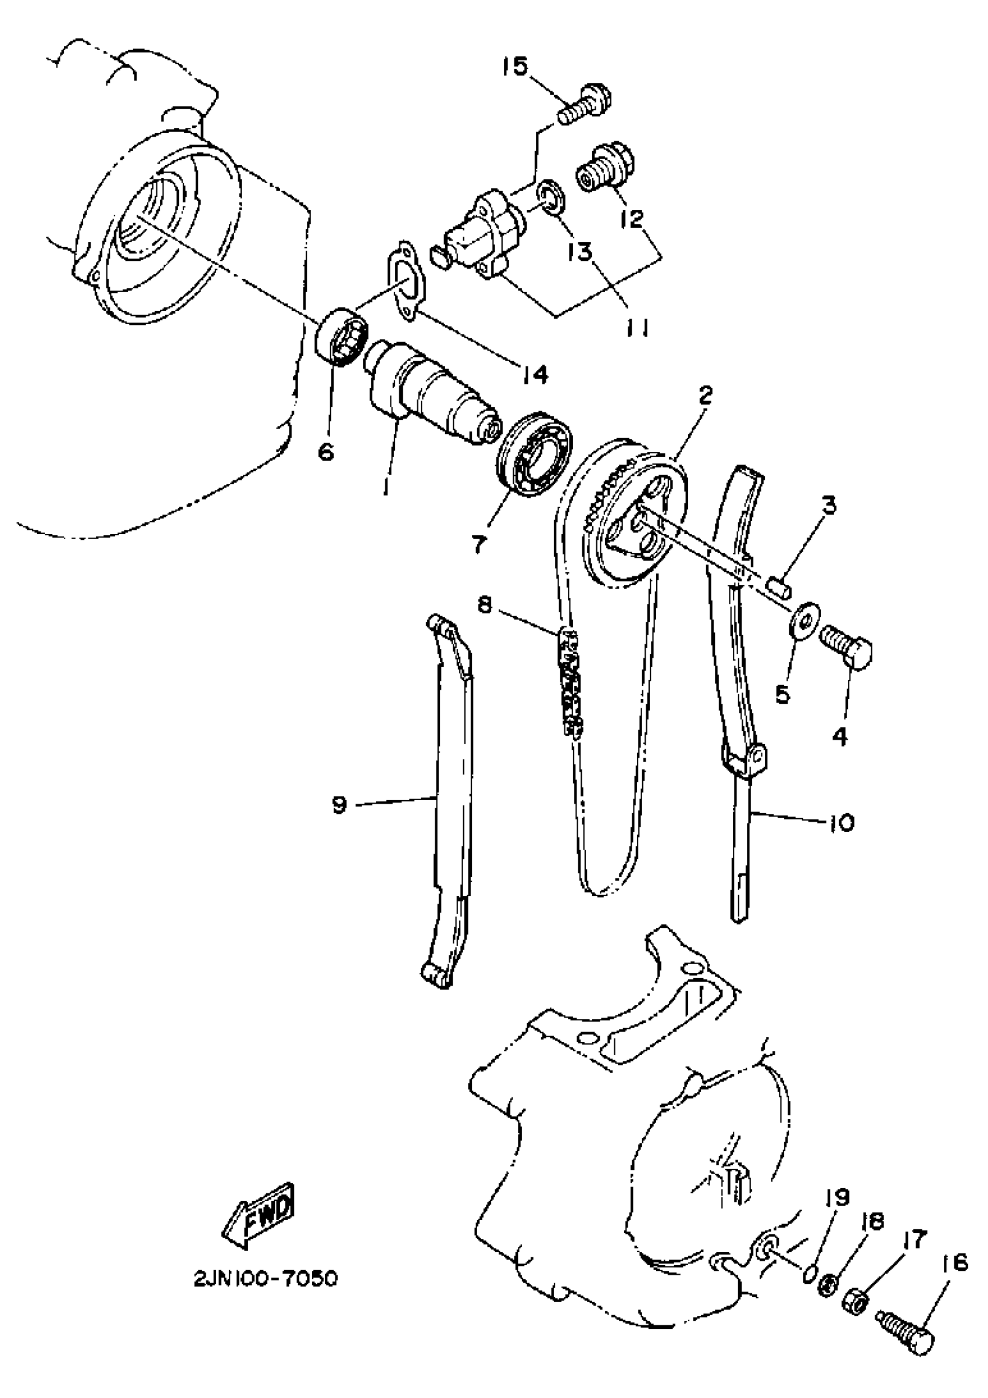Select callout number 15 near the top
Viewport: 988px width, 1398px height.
516,66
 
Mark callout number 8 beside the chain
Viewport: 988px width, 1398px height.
485,607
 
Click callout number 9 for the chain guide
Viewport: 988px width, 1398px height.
339,805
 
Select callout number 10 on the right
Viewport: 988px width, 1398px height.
841,823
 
